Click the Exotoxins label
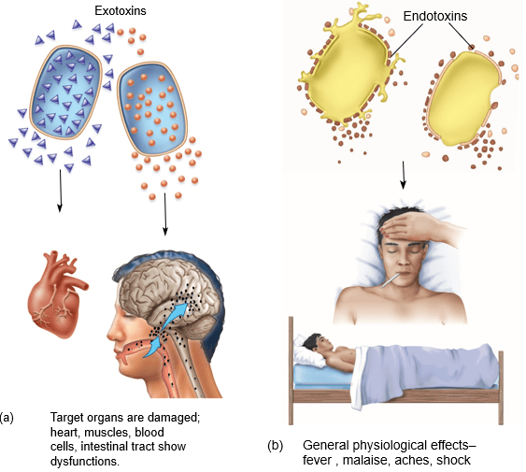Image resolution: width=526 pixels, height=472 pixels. (x=121, y=10)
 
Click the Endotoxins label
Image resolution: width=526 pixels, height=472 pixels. (x=435, y=16)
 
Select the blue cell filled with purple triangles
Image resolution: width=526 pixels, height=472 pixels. (x=65, y=93)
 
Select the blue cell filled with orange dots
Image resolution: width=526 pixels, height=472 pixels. (x=152, y=108)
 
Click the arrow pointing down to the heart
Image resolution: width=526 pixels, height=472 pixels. (x=60, y=191)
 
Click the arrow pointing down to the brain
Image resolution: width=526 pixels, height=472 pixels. (x=165, y=214)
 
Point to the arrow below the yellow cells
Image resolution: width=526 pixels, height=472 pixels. (x=404, y=175)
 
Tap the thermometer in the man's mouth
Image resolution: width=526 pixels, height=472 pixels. (x=391, y=280)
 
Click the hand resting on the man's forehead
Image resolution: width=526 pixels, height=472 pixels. (x=419, y=228)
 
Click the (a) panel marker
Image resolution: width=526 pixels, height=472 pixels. (x=7, y=417)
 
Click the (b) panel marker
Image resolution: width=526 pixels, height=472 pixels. (x=275, y=446)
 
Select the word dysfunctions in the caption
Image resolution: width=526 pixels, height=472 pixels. (x=84, y=461)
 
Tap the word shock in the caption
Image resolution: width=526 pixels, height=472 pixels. (x=453, y=460)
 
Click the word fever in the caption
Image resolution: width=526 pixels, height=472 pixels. (x=317, y=460)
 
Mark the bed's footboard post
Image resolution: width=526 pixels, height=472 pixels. (x=501, y=388)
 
